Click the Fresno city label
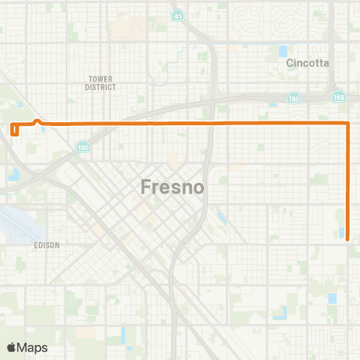(172, 187)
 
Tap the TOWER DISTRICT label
(101, 82)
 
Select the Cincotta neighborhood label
(307, 63)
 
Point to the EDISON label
(46, 245)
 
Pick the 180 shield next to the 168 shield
(295, 97)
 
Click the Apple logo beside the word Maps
(11, 346)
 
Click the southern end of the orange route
(349, 239)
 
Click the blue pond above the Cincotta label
(283, 52)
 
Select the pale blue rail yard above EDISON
(15, 221)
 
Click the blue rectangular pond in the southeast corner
(332, 298)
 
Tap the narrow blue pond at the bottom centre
(123, 333)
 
